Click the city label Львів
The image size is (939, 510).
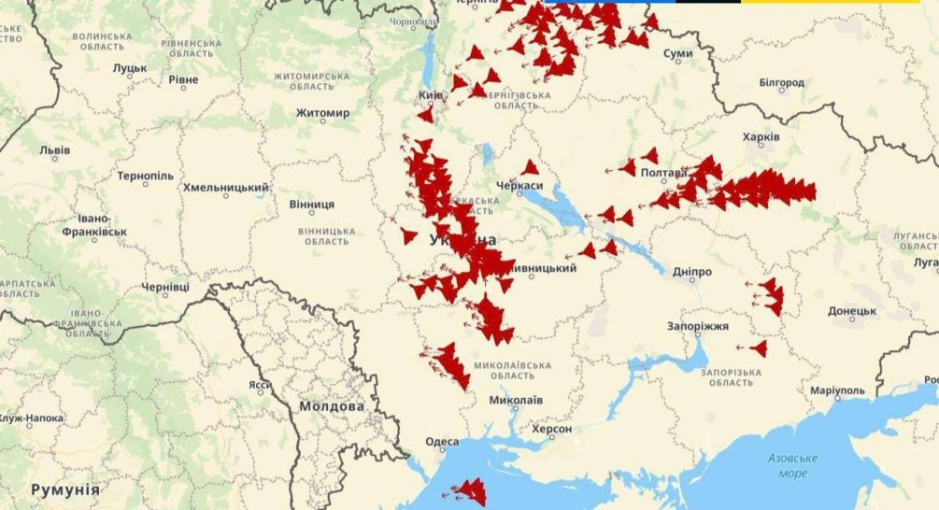[x=54, y=149]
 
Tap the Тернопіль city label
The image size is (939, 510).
[x=145, y=176]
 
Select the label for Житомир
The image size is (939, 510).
[x=322, y=113]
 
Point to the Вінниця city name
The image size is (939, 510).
[x=311, y=204]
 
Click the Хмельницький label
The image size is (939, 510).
[x=225, y=188]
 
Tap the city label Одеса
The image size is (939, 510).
[x=442, y=442]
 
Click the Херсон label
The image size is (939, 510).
[x=551, y=429]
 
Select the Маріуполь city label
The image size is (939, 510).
[x=837, y=390]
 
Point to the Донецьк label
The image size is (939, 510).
[x=851, y=311]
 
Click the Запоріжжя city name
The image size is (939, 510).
[x=698, y=326]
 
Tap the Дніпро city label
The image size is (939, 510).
[x=692, y=272]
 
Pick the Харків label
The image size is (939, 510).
[x=761, y=137]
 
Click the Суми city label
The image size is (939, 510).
[x=677, y=54]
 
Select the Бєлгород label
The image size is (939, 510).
[x=781, y=83]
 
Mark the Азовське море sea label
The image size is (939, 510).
[x=792, y=465]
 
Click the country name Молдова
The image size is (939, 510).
[x=332, y=407]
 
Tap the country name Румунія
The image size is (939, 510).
[x=64, y=489]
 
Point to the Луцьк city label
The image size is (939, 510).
[x=130, y=68]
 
